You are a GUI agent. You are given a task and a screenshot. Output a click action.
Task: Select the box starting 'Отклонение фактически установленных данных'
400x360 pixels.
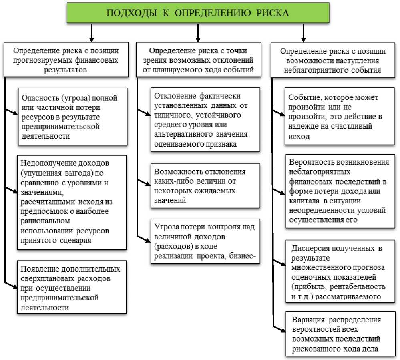tap(205, 119)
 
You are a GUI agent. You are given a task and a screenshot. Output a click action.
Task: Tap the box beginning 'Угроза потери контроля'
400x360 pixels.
tap(205, 241)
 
